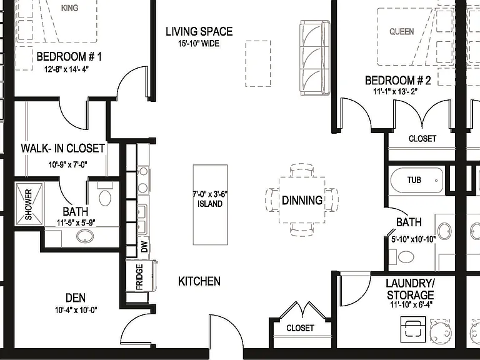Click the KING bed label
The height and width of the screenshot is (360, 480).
[x=69, y=7]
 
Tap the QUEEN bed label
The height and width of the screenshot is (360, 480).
[x=401, y=31]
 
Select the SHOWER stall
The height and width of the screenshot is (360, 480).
[x=29, y=204]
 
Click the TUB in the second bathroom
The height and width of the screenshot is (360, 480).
[x=417, y=180]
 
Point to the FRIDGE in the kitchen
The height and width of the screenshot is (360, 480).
[x=139, y=277]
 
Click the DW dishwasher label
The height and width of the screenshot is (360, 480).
[x=144, y=246]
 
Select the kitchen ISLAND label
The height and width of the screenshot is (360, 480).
[x=210, y=204]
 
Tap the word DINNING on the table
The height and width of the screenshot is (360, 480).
[x=302, y=201]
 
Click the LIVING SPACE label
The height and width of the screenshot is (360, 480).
[x=199, y=31]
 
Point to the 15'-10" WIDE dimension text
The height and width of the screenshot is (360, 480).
[x=199, y=44]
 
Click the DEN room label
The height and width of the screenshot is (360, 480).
[x=76, y=297]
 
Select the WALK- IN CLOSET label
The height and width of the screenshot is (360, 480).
[x=62, y=149]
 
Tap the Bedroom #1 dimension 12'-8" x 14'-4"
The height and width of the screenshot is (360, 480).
[x=66, y=69]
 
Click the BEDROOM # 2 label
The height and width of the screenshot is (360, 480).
[x=397, y=81]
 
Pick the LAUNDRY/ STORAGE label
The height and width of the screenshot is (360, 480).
[x=410, y=289]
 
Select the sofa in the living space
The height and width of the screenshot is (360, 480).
[x=315, y=57]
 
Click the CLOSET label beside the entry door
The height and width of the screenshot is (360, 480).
[x=300, y=328]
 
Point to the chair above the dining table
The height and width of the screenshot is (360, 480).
[x=301, y=170]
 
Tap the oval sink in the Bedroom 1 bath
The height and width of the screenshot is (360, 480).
[x=85, y=236]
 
